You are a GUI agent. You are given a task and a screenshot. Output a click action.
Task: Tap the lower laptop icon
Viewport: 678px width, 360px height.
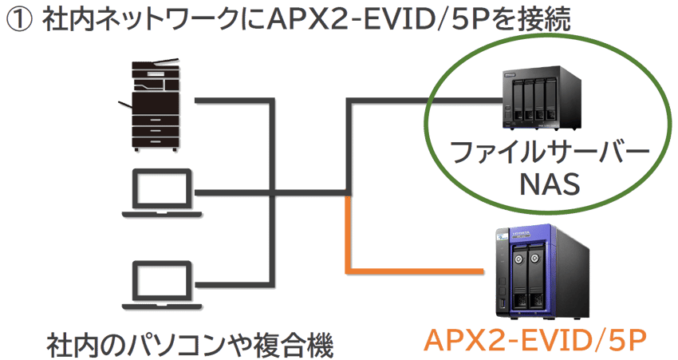[x=160, y=284]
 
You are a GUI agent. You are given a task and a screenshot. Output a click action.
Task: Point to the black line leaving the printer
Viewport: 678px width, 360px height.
[x=231, y=101]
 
